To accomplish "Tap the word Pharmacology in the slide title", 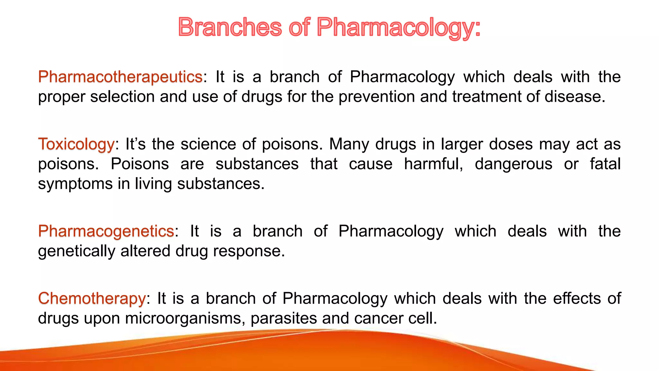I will click(398, 28).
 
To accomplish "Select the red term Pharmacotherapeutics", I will click(120, 77).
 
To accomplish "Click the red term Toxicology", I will click(76, 144).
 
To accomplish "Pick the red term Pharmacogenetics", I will click(106, 231).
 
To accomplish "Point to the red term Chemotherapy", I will click(92, 299).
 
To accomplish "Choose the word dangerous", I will click(514, 164).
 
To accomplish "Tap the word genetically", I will click(77, 252).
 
